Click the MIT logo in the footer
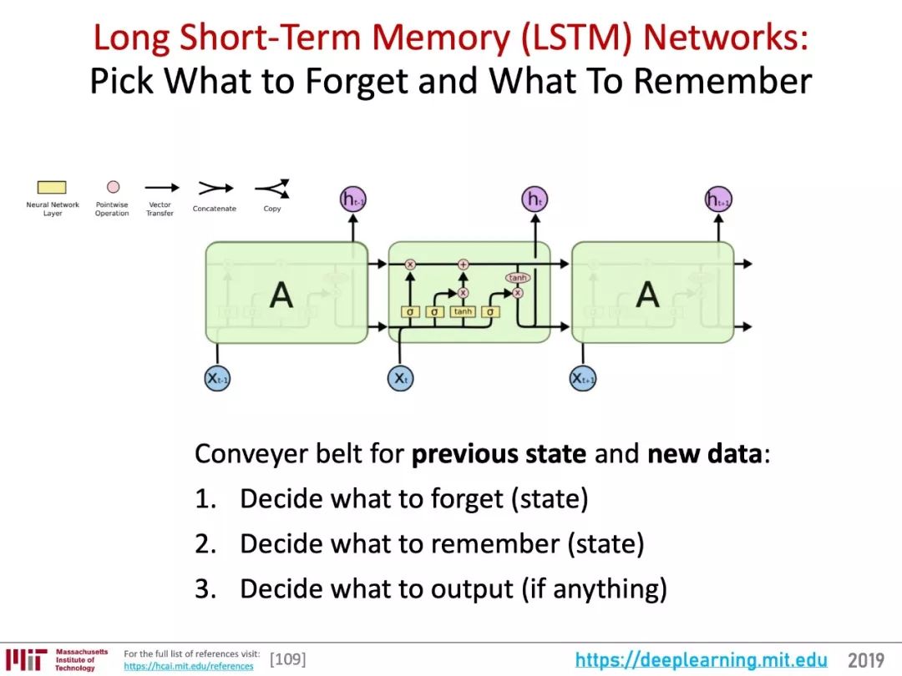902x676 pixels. click(25, 659)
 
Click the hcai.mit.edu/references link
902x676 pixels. click(188, 666)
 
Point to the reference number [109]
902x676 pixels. click(287, 660)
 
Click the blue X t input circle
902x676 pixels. click(401, 378)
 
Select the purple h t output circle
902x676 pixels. click(535, 199)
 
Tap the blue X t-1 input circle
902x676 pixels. click(217, 378)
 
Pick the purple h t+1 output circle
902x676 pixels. click(718, 199)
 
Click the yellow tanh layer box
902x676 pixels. click(463, 311)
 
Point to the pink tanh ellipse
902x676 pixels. click(518, 277)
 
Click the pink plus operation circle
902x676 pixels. click(463, 265)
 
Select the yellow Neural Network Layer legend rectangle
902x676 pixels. click(52, 188)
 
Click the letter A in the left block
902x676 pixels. click(281, 294)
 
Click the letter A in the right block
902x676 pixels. click(647, 294)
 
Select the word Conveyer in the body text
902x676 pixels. click(246, 455)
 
